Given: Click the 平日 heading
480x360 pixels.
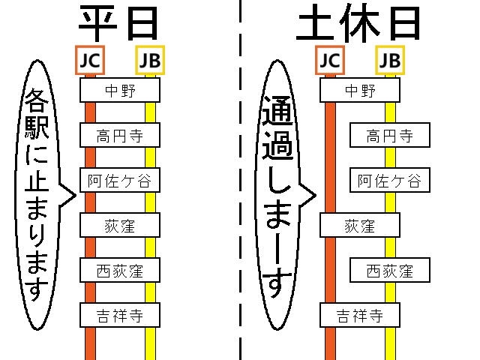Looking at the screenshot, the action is [118, 24].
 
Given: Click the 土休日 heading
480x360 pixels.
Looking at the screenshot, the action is [358, 24].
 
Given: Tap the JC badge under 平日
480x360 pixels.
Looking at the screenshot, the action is [90, 60].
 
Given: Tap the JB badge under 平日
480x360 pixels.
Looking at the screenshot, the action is [150, 60].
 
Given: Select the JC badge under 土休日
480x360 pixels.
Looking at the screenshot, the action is [330, 60].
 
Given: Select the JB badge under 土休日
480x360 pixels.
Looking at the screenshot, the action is [390, 60].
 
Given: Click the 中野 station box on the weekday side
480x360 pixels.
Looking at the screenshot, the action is [120, 90].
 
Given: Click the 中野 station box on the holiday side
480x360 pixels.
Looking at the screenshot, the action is [360, 90].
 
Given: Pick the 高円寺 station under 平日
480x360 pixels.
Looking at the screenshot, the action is [120, 135].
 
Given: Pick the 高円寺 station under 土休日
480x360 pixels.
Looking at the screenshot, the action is [390, 135].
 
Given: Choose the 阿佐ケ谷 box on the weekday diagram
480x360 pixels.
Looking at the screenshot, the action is [120, 180].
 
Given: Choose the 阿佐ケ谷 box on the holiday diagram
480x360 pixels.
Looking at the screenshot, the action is [390, 180].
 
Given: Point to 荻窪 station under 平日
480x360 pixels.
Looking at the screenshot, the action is [120, 225].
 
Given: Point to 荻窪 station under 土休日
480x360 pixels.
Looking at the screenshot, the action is [360, 225].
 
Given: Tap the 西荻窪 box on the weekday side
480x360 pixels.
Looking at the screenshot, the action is [120, 270].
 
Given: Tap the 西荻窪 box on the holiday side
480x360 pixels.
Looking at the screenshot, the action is [390, 270].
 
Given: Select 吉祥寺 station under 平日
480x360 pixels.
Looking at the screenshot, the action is [120, 315].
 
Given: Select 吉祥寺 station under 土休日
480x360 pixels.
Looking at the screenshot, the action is [360, 315].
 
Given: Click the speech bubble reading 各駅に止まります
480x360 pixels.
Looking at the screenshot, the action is [37, 195].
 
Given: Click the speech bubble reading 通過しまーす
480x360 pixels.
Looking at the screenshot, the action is [277, 195].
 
